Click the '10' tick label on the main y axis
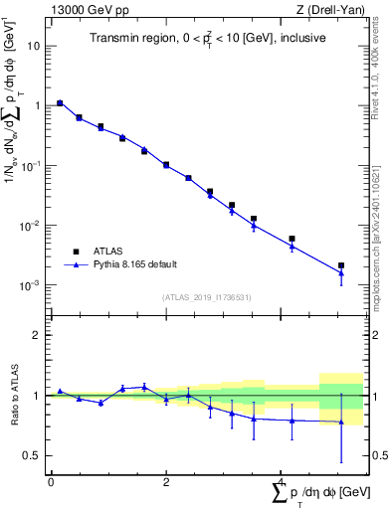(x=34, y=46)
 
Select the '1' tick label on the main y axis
(x=37, y=105)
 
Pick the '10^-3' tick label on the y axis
(x=30, y=284)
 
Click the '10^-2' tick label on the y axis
(x=30, y=225)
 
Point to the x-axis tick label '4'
(x=282, y=482)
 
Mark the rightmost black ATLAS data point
(x=341, y=265)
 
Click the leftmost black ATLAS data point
(x=60, y=102)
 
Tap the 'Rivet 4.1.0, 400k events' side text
(x=382, y=60)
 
